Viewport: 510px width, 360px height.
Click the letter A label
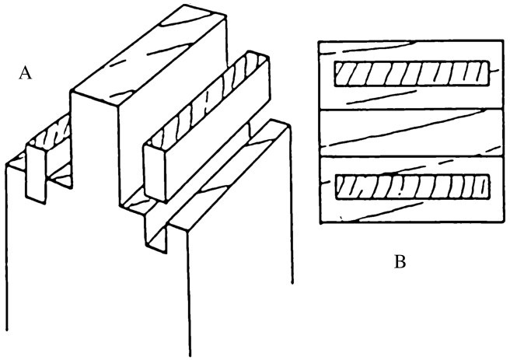tap(26, 73)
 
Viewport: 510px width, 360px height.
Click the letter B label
tap(400, 262)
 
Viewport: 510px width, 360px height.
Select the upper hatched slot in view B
tap(412, 75)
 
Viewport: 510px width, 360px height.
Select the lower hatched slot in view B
tap(412, 187)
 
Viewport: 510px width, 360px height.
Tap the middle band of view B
tap(412, 131)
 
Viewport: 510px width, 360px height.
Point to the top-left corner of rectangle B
tap(320, 38)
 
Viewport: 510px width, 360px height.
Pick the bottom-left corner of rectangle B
tap(320, 224)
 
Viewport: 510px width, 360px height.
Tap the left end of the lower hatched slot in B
tap(338, 187)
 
